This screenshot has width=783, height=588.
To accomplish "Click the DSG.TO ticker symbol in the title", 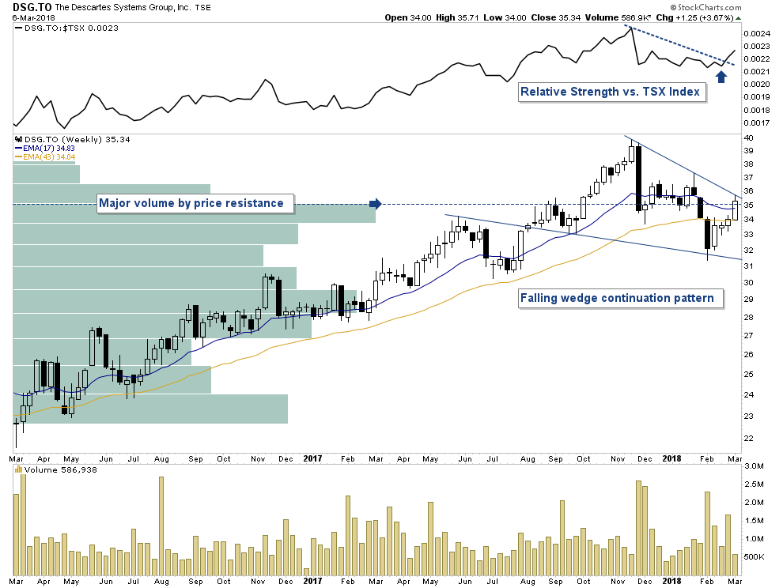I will (28, 7).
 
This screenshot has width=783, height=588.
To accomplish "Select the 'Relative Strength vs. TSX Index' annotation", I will (610, 92).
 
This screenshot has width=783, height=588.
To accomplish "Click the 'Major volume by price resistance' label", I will (191, 203).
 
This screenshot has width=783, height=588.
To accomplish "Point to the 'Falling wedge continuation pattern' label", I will (622, 299).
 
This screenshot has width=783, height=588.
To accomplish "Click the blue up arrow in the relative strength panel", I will (721, 76).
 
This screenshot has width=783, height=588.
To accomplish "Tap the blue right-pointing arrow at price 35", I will (376, 204).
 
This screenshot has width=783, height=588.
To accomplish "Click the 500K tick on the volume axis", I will (752, 557).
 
